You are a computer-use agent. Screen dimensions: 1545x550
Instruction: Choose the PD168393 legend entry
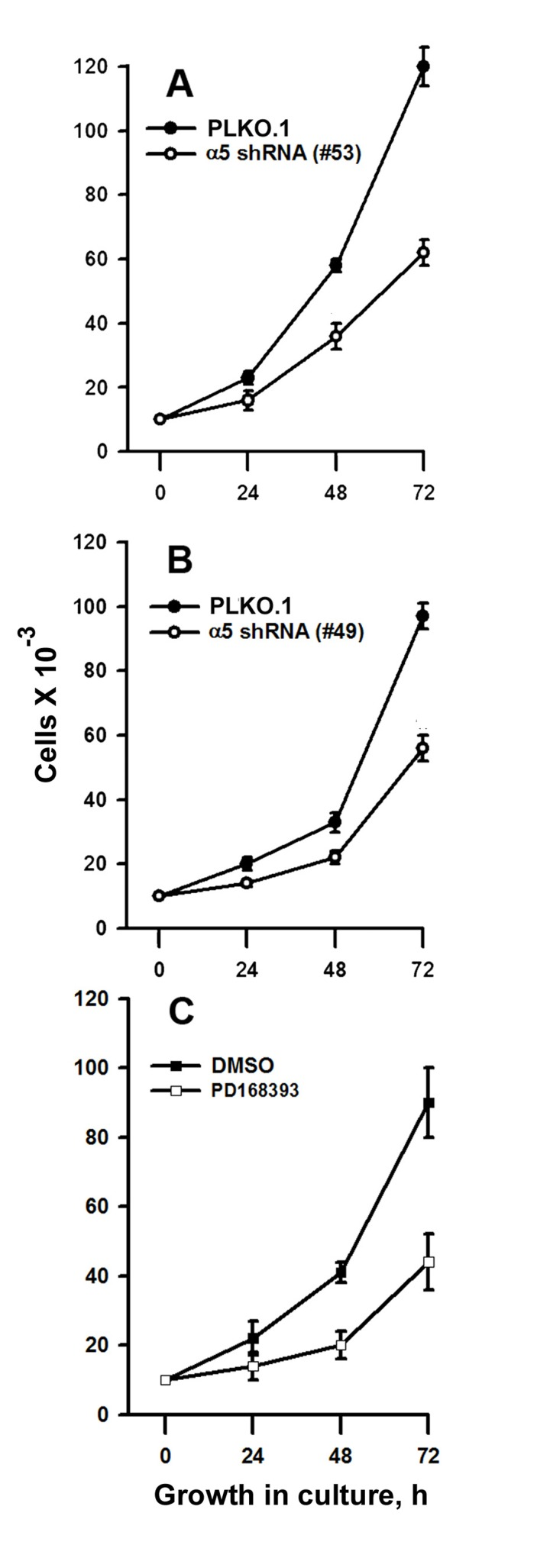[246, 1091]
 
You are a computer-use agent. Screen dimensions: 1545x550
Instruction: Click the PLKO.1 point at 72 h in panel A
[423, 66]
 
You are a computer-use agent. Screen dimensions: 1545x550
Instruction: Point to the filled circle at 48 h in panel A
[335, 265]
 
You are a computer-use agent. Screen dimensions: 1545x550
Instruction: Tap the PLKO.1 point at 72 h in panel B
[423, 616]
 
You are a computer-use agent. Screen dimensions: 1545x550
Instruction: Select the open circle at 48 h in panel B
[335, 857]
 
